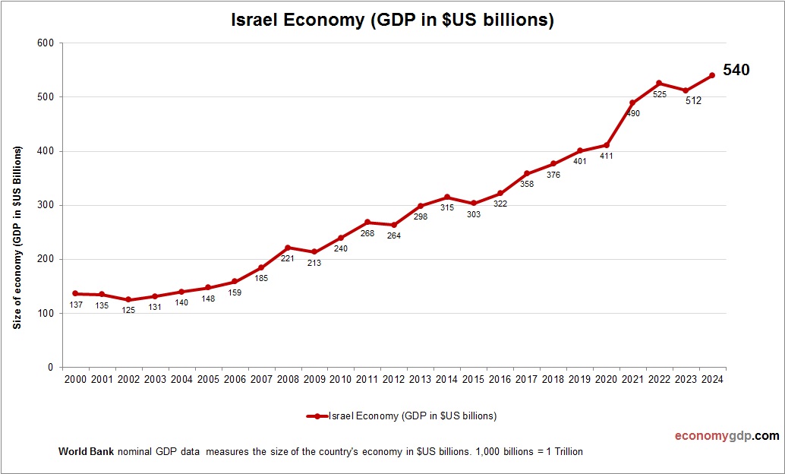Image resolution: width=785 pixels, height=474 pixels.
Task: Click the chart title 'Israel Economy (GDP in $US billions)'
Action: pyautogui.click(x=392, y=21)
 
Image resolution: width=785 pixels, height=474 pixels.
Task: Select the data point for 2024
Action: pyautogui.click(x=712, y=75)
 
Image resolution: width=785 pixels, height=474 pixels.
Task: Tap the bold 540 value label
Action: pyautogui.click(x=736, y=70)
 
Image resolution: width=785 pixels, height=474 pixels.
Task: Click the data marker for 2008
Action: pyautogui.click(x=288, y=248)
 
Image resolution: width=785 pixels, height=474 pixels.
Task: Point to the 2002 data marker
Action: pyautogui.click(x=128, y=299)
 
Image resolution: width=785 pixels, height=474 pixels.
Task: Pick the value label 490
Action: pyautogui.click(x=633, y=113)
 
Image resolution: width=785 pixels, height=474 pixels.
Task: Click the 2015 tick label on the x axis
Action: pyautogui.click(x=473, y=379)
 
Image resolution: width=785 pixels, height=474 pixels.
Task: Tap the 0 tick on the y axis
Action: pyautogui.click(x=50, y=368)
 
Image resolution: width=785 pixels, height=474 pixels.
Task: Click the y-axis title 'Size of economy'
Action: pyautogui.click(x=17, y=238)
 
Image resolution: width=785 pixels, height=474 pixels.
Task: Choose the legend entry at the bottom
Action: pyautogui.click(x=402, y=416)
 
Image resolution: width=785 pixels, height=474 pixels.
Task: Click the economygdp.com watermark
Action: pyautogui.click(x=727, y=436)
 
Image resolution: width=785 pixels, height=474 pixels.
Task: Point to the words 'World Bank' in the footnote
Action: pyautogui.click(x=86, y=451)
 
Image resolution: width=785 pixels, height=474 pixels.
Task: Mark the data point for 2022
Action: pyautogui.click(x=659, y=83)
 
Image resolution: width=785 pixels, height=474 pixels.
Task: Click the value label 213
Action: pyautogui.click(x=314, y=263)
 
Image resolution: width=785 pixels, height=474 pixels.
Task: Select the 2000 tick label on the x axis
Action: pyautogui.click(x=75, y=379)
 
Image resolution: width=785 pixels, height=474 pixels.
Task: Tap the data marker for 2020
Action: pyautogui.click(x=606, y=145)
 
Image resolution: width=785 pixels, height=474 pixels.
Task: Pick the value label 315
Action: pyautogui.click(x=446, y=208)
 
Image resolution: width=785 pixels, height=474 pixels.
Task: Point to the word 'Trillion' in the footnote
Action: pyautogui.click(x=565, y=451)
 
